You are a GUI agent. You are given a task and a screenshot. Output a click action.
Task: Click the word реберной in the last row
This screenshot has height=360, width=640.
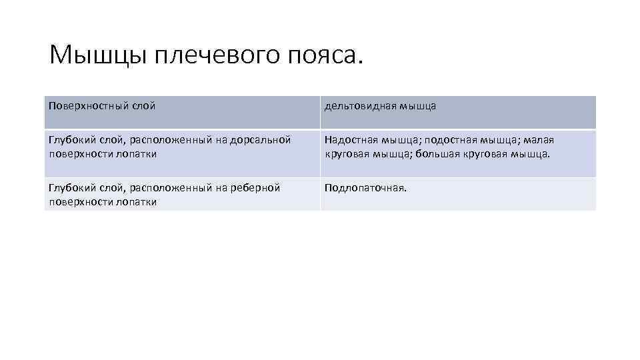[x=255, y=188]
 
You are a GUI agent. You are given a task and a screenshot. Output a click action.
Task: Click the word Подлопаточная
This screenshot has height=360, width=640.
[x=365, y=188]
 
